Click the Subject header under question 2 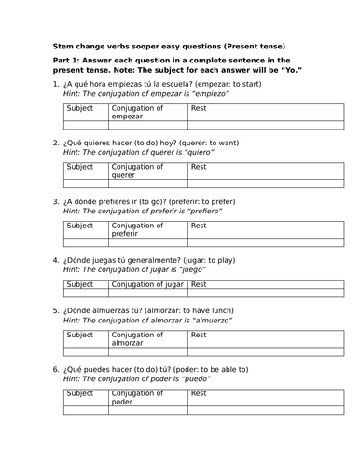pyautogui.click(x=80, y=167)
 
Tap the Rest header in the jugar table pyautogui.click(x=200, y=283)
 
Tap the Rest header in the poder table pyautogui.click(x=200, y=394)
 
